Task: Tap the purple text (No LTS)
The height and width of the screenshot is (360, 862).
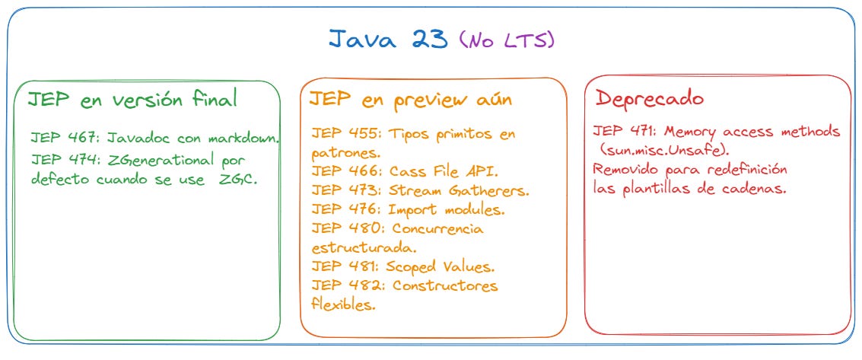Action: pyautogui.click(x=507, y=41)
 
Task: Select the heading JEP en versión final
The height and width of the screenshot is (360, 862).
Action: pyautogui.click(x=133, y=99)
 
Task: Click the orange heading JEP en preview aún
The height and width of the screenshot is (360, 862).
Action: pyautogui.click(x=410, y=99)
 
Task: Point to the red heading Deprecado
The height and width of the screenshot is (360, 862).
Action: pyautogui.click(x=649, y=98)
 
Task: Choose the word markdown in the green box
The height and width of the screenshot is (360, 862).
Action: pyautogui.click(x=243, y=139)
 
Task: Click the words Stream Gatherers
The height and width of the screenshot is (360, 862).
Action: pyautogui.click(x=459, y=190)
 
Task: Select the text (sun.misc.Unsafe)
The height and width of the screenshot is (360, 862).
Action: pyautogui.click(x=664, y=151)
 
